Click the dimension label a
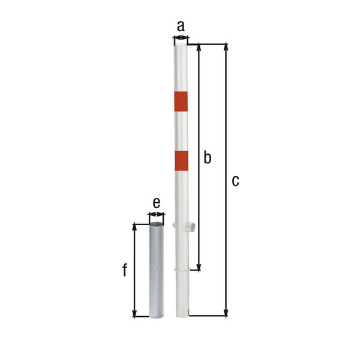181,26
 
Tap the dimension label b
208,157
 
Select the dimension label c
235,181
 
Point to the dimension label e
157,203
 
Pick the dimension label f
125,270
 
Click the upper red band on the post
181,101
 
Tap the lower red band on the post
181,161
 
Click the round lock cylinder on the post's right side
191,227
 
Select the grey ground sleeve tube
157,270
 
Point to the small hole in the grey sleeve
159,268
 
